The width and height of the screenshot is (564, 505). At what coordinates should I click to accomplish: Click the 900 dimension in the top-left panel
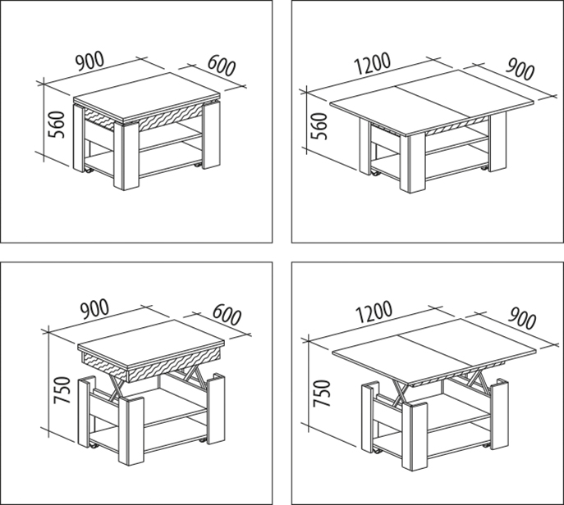click(89, 61)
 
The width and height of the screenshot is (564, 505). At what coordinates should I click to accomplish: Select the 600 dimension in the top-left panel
click(222, 66)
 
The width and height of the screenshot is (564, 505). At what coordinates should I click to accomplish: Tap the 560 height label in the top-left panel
click(57, 125)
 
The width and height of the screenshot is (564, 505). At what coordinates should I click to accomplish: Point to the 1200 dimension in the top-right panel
click(372, 63)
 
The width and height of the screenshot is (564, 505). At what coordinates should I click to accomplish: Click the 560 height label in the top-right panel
click(319, 126)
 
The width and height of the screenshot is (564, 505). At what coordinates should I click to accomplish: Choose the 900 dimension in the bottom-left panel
click(94, 309)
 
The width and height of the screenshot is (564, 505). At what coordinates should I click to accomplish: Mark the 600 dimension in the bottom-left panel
click(227, 315)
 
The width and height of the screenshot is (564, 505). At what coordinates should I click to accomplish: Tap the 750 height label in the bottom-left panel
click(62, 390)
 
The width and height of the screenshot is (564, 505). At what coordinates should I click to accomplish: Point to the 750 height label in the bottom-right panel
click(322, 394)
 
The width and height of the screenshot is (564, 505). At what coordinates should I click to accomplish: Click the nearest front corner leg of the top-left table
click(126, 156)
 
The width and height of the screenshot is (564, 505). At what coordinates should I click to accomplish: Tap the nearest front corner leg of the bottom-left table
click(131, 430)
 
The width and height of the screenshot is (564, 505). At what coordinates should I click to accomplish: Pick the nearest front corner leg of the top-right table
click(413, 162)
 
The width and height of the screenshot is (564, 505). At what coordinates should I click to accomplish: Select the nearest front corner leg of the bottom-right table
click(415, 435)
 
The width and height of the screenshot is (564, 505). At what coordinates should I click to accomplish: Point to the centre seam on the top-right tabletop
click(433, 102)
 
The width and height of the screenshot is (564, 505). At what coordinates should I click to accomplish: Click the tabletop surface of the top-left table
click(147, 95)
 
